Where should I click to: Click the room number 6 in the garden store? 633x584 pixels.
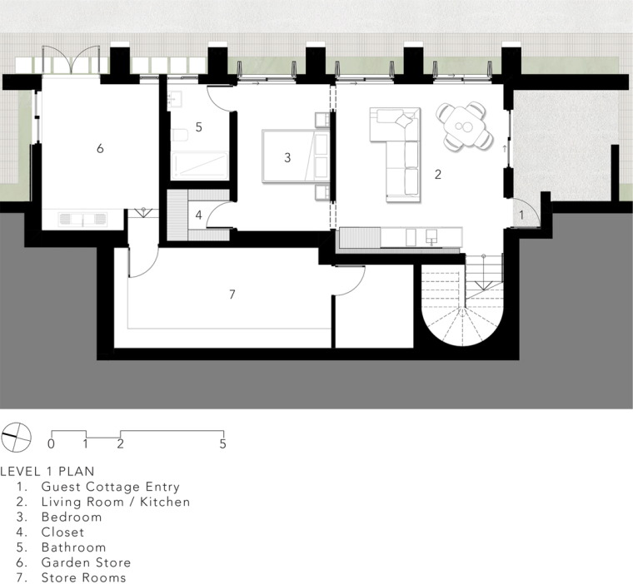point(100,148)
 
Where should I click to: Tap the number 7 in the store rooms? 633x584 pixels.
point(232,294)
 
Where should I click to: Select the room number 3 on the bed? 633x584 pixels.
point(287,157)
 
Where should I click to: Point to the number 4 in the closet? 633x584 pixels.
point(198,215)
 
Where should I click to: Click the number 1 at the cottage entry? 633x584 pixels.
point(521,215)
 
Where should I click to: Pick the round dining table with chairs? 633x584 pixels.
point(464,126)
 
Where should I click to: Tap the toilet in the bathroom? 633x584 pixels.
point(180,135)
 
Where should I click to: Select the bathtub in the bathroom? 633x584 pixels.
point(199,166)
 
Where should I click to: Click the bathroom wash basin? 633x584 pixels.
point(175,98)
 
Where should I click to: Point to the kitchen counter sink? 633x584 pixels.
point(431,237)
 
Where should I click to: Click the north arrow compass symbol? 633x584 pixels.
point(16,438)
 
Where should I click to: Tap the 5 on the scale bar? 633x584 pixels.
point(223,444)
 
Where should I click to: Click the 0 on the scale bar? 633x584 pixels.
point(51,444)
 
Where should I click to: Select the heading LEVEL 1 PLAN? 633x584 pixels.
point(47,471)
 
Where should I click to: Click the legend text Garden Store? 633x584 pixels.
point(86,562)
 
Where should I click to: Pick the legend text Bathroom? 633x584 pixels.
point(74,547)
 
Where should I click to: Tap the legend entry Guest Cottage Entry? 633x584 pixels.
point(111,487)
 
